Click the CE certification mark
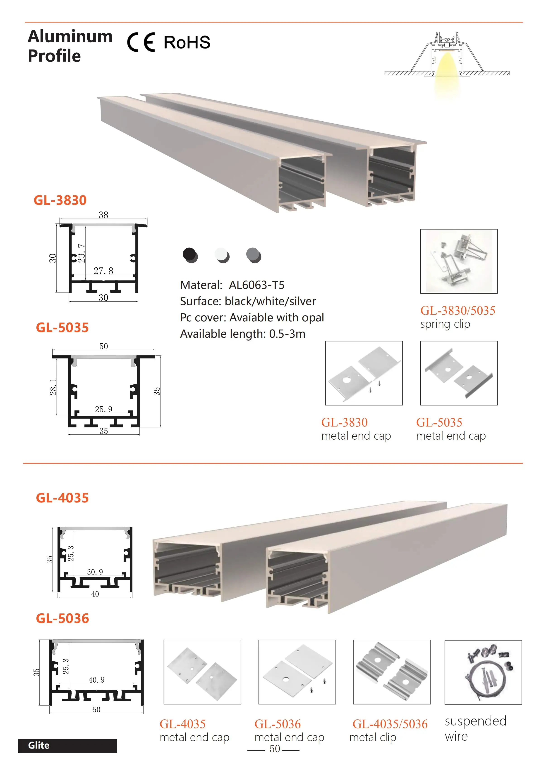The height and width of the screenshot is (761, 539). coord(141,42)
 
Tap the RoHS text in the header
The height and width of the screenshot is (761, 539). coord(187,42)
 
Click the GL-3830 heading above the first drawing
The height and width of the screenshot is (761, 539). coord(60,200)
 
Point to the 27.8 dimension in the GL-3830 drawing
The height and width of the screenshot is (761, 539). coord(103,271)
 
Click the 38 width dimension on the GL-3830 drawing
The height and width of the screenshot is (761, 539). coord(103,215)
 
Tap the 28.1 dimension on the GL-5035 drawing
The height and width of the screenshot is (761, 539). coord(53,387)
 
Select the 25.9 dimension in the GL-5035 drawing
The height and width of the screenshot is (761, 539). coord(103,409)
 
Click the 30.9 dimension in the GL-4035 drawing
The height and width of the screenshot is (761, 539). coord(95,572)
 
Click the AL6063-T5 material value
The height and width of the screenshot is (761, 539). coord(256,285)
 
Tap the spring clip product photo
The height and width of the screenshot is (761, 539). coord(459,261)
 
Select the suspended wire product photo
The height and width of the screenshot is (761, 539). coord(483,672)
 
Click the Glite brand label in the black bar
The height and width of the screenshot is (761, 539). coord(39,745)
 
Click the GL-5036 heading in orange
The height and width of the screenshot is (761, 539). coord(62,618)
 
